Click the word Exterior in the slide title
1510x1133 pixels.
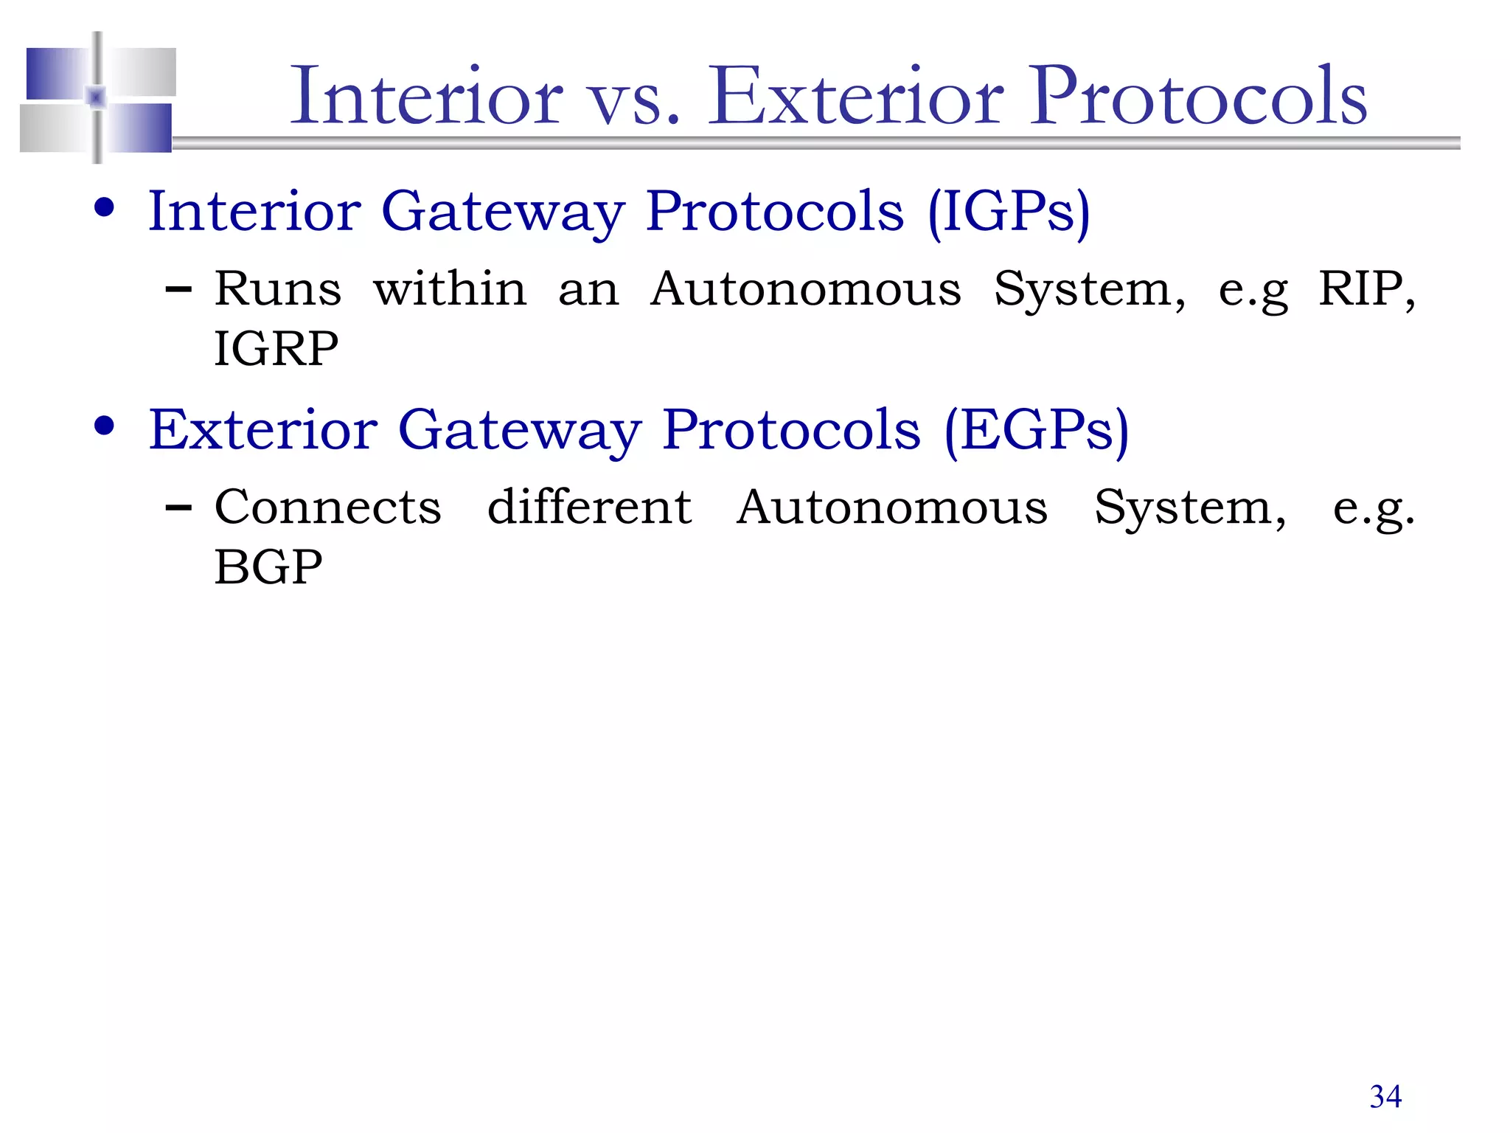click(855, 97)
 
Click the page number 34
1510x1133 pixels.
click(1385, 1097)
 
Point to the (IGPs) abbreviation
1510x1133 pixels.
click(1008, 212)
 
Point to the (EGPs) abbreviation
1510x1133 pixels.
click(1036, 431)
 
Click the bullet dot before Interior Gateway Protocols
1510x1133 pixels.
click(105, 208)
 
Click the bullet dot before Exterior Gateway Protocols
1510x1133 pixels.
click(105, 426)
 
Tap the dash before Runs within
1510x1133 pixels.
click(179, 290)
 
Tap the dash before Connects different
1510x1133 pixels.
click(179, 508)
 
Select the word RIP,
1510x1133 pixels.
click(1366, 289)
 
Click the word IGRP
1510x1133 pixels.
click(276, 349)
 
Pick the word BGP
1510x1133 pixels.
click(268, 567)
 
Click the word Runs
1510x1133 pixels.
click(278, 289)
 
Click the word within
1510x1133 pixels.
click(450, 289)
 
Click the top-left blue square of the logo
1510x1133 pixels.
click(56, 72)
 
